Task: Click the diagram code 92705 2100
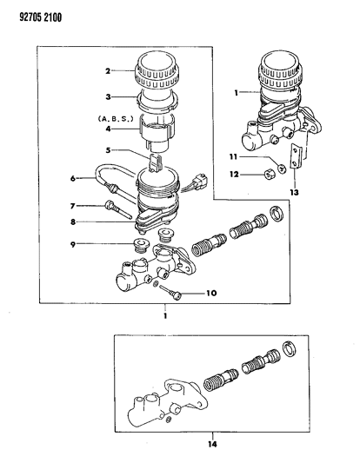pyautogui.click(x=41, y=17)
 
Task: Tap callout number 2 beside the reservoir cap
pyautogui.click(x=108, y=71)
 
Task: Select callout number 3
pyautogui.click(x=108, y=96)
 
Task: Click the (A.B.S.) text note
pyautogui.click(x=116, y=119)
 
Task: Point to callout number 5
pyautogui.click(x=108, y=150)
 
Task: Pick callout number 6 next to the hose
pyautogui.click(x=73, y=178)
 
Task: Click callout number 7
pyautogui.click(x=72, y=206)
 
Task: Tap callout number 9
pyautogui.click(x=73, y=244)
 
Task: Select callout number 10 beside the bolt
pyautogui.click(x=211, y=294)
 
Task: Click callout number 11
pyautogui.click(x=234, y=156)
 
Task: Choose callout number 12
pyautogui.click(x=234, y=175)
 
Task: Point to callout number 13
pyautogui.click(x=294, y=193)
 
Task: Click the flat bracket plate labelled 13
pyautogui.click(x=296, y=155)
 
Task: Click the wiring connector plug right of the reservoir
pyautogui.click(x=201, y=178)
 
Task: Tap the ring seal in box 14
pyautogui.click(x=290, y=348)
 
